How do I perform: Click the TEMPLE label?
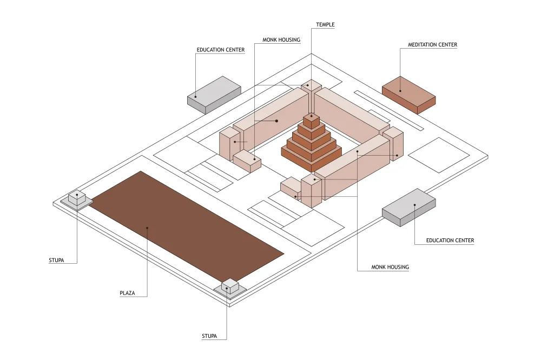pyautogui.click(x=325, y=24)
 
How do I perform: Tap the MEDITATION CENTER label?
pyautogui.click(x=432, y=44)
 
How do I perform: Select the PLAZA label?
pyautogui.click(x=127, y=293)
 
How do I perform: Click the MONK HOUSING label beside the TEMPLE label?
pyautogui.click(x=281, y=39)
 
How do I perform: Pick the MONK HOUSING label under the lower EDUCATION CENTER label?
pyautogui.click(x=390, y=267)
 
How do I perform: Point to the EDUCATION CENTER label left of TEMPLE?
pyautogui.click(x=221, y=50)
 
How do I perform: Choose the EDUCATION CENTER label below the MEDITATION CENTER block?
pyautogui.click(x=450, y=241)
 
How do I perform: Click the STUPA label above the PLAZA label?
pyautogui.click(x=56, y=261)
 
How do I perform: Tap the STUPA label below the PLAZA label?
pyautogui.click(x=209, y=336)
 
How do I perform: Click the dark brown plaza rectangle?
pyautogui.click(x=187, y=226)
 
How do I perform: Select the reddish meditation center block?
pyautogui.click(x=409, y=95)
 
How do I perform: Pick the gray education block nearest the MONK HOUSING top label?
pyautogui.click(x=214, y=95)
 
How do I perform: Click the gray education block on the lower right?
pyautogui.click(x=409, y=207)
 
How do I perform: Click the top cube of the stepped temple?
pyautogui.click(x=312, y=121)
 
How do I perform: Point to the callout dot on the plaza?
pyautogui.click(x=147, y=228)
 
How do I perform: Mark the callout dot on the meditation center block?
pyautogui.click(x=400, y=91)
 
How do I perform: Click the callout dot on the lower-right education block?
pyautogui.click(x=415, y=205)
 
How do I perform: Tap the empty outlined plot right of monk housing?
pyautogui.click(x=439, y=155)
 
